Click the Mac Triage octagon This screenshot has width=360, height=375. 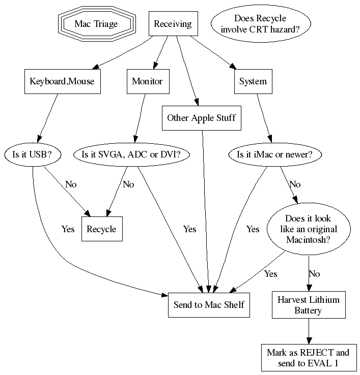point(96,24)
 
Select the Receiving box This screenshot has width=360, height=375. point(173,24)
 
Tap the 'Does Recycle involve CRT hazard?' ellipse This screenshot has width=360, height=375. point(260,24)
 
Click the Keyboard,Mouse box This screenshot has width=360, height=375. point(62,81)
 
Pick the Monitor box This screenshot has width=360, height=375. point(147,81)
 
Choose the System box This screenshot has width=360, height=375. point(253,81)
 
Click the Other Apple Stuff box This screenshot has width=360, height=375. point(201,118)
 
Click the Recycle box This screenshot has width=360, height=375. point(101,229)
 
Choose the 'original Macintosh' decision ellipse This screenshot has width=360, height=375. point(309,229)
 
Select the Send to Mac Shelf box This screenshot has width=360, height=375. point(209,305)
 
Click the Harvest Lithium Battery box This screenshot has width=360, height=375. point(309,305)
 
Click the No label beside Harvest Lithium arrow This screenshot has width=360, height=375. point(314,274)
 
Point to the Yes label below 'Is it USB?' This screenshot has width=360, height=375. point(68,229)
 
